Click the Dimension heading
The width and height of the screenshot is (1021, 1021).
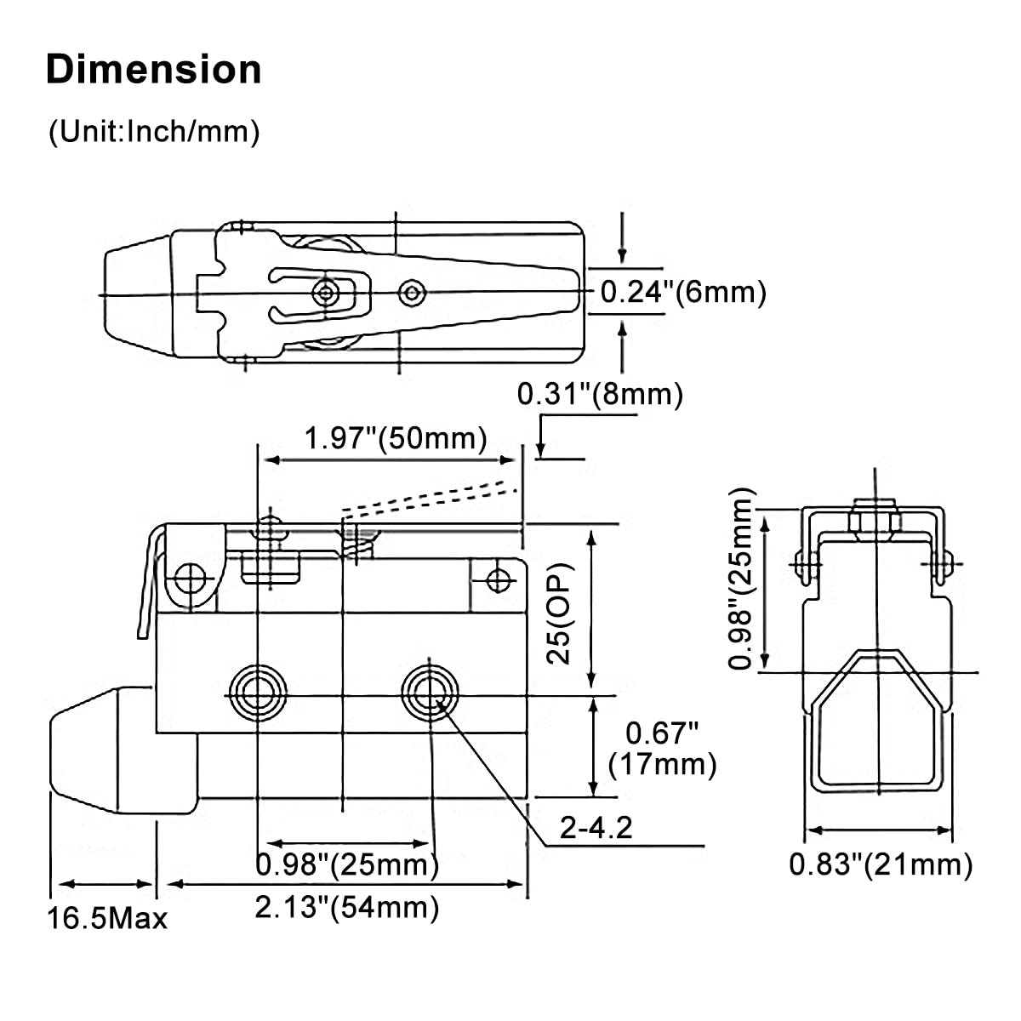pyautogui.click(x=154, y=70)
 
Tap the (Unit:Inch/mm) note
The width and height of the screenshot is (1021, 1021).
pyautogui.click(x=154, y=131)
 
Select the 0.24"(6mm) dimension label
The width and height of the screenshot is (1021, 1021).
pyautogui.click(x=683, y=292)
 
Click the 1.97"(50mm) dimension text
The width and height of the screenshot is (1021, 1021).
pyautogui.click(x=396, y=438)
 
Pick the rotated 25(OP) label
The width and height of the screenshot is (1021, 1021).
pyautogui.click(x=559, y=613)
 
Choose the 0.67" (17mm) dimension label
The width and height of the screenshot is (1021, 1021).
pyautogui.click(x=662, y=748)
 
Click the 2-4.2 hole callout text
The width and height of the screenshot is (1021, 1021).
pyautogui.click(x=596, y=827)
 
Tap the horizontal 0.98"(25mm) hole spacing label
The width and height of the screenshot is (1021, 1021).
pyautogui.click(x=347, y=864)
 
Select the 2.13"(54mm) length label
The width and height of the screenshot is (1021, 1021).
pyautogui.click(x=347, y=907)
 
